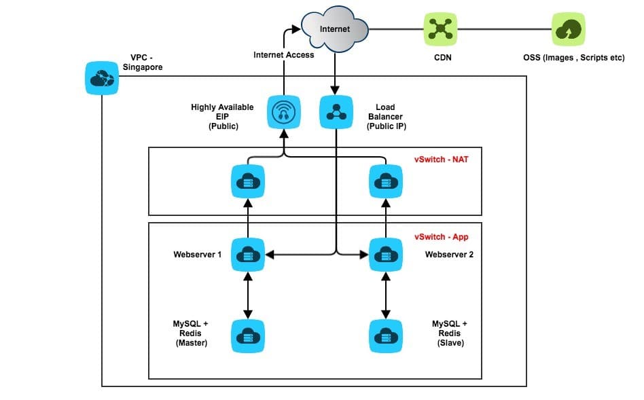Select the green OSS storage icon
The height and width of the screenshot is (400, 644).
[x=569, y=29]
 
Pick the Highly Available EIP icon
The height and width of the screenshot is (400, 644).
[x=283, y=112]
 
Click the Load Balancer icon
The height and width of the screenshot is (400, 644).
[x=336, y=112]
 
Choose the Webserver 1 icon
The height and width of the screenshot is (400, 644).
[x=248, y=255]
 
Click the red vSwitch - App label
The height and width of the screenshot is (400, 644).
[x=441, y=238]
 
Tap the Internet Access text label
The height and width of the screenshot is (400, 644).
[x=284, y=55]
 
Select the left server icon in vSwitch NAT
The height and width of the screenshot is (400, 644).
[x=248, y=181]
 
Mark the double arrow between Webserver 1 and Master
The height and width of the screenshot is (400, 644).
[x=248, y=296]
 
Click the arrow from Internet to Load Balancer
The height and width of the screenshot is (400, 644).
[x=336, y=71]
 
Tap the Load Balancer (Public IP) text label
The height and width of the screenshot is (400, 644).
[x=385, y=117]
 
